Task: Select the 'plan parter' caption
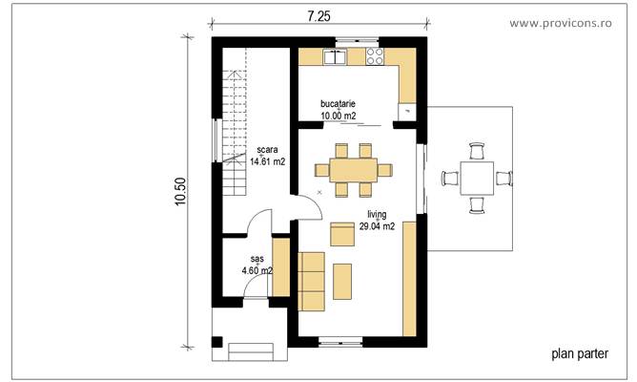click(x=580, y=353)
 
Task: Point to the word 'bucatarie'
click(x=339, y=105)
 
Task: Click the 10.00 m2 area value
click(x=339, y=117)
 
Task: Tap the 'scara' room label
click(x=267, y=151)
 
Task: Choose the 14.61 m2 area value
click(x=268, y=162)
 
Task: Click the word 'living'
click(x=376, y=216)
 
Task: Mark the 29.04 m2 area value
click(x=377, y=227)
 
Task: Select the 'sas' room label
click(x=257, y=259)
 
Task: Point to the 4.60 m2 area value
click(x=257, y=270)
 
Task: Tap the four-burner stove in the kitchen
click(x=374, y=57)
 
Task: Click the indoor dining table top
click(x=353, y=170)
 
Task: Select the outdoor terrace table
click(x=477, y=177)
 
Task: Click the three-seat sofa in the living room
click(x=312, y=282)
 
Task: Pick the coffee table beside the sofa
click(x=342, y=279)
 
